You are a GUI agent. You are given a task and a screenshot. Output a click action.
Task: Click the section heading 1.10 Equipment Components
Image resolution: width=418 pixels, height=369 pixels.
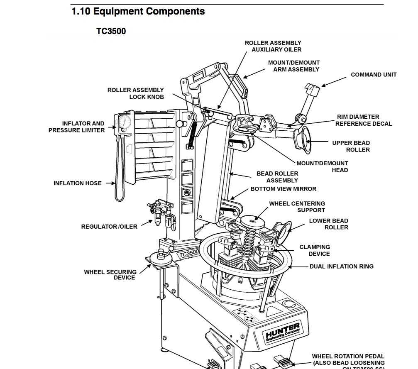coord(138,11)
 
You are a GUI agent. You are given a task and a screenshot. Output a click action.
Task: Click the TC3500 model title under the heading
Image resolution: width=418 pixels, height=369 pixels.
coord(111,31)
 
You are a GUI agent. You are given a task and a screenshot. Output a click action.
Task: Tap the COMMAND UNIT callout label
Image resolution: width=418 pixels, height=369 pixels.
coord(374,75)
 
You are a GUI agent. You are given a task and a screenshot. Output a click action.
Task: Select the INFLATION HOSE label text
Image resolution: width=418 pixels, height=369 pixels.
coord(77,183)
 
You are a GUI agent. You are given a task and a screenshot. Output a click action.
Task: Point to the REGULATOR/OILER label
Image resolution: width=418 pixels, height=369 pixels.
coord(109,227)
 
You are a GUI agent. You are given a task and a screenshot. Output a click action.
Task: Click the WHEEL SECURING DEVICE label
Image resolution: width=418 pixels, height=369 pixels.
coord(110,275)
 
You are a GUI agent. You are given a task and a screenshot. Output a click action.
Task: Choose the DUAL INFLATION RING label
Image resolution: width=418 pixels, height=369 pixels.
coord(341,266)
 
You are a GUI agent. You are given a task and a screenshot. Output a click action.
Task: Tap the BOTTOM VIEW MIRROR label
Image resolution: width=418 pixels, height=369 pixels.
coord(283,189)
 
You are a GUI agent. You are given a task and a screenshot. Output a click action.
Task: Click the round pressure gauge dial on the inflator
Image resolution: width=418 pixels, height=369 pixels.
coord(124,122)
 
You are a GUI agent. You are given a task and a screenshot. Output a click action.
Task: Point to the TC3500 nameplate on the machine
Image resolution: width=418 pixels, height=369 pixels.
coord(189,253)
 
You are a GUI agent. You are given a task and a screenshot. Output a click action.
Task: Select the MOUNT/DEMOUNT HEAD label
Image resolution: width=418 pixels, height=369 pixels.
coord(322,166)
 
